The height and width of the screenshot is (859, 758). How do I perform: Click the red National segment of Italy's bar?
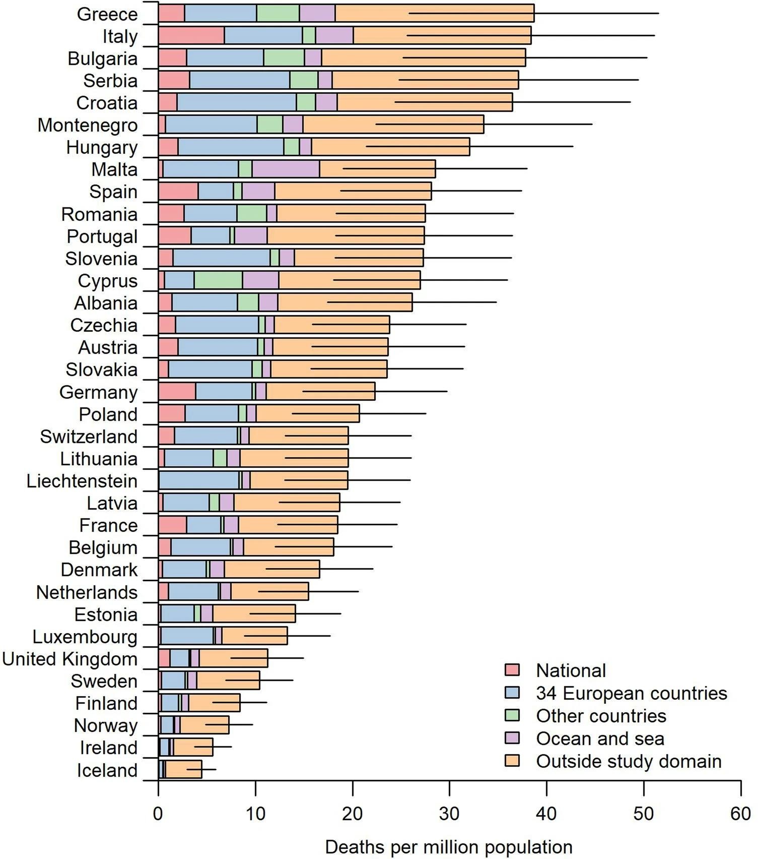tap(191, 35)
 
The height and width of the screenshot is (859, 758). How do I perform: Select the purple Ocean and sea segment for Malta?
tap(286, 169)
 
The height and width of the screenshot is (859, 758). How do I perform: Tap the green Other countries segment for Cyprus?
tap(218, 280)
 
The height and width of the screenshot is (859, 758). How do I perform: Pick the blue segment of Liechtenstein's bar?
tap(199, 480)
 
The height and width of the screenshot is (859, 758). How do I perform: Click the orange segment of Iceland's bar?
tap(184, 769)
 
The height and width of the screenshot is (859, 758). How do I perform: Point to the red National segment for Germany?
tap(177, 391)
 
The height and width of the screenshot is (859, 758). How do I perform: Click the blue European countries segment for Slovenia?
tap(222, 258)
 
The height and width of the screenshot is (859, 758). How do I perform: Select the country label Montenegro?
tap(88, 125)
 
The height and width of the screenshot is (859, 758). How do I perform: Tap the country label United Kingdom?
tap(70, 659)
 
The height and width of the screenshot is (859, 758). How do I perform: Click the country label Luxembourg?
tap(85, 637)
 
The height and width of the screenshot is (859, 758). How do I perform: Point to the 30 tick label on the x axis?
tap(449, 814)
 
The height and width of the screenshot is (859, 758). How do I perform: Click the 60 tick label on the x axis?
tap(740, 814)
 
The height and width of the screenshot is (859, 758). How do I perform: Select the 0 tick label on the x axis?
tap(158, 814)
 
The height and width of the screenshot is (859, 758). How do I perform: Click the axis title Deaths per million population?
tap(449, 847)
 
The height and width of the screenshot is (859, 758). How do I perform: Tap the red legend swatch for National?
tap(512, 670)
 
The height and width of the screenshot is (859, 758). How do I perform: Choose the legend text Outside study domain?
tap(629, 761)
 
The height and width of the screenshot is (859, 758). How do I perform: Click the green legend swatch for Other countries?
tap(512, 715)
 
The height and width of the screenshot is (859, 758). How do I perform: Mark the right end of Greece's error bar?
tap(658, 13)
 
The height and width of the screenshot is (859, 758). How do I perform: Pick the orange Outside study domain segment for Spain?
tap(353, 191)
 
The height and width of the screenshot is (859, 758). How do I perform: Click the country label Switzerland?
tap(89, 437)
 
